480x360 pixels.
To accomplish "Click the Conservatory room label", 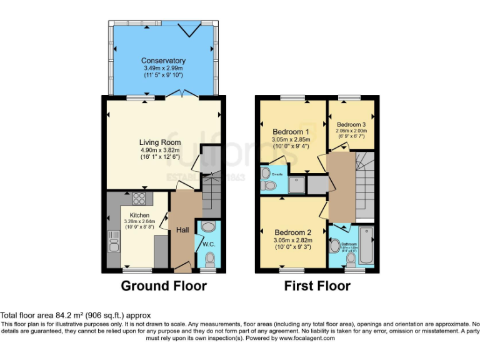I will click(163, 61).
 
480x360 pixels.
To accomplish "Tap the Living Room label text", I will click(160, 142).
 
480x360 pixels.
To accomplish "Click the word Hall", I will click(182, 230).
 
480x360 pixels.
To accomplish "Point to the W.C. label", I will click(208, 244).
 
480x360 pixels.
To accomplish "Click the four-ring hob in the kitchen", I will click(139, 199).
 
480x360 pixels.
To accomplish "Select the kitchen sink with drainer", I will click(114, 241).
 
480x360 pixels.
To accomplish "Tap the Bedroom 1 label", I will click(291, 132).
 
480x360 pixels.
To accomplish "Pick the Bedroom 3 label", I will click(351, 124).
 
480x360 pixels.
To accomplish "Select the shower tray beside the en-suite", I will click(297, 184).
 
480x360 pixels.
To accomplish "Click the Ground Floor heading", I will click(163, 286).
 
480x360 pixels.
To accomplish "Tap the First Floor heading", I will click(317, 286).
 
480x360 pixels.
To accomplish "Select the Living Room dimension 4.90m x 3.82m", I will click(160, 150).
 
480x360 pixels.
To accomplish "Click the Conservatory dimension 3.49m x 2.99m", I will click(163, 67).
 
